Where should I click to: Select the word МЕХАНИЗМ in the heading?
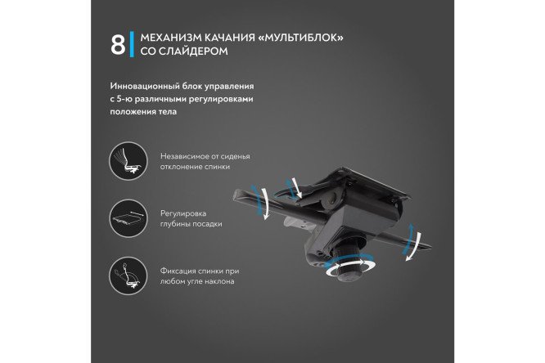click(170, 38)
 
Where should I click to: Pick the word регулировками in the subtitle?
click(232, 98)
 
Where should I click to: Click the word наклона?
click(220, 281)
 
